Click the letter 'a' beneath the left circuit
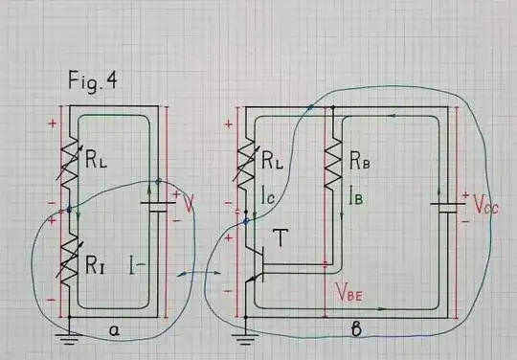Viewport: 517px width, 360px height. click(x=114, y=330)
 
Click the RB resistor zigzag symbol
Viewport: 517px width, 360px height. click(x=331, y=163)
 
